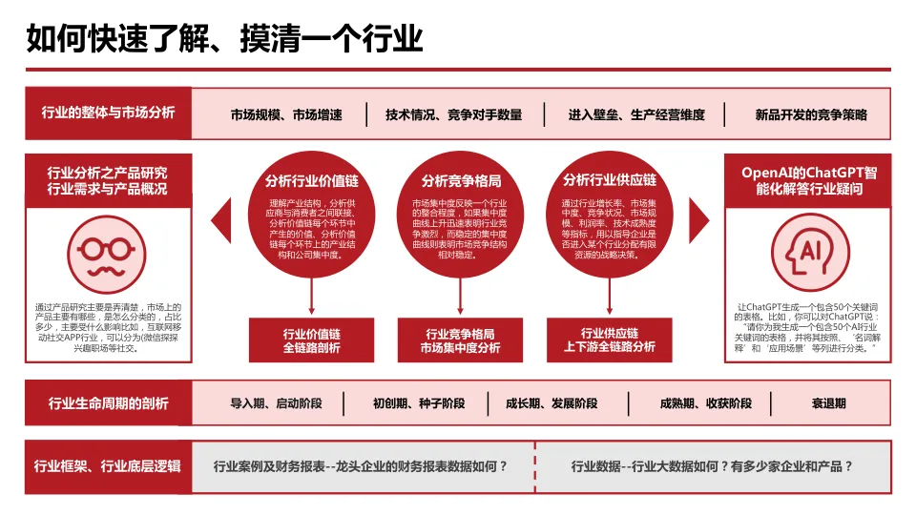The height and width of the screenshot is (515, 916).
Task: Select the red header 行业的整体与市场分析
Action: coord(109,113)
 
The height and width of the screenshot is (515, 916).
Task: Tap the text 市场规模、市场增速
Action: coord(286,115)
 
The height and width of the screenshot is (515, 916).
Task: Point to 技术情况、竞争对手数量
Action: coord(454,115)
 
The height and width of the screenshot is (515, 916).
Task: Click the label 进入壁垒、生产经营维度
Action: coord(636,115)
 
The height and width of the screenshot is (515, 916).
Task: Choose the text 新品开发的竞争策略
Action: coord(811,115)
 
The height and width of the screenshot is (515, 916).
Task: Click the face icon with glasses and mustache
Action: coord(106,252)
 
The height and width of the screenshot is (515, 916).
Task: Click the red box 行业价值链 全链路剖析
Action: coord(311,340)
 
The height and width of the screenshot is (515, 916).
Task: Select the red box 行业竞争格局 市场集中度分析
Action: coord(461,340)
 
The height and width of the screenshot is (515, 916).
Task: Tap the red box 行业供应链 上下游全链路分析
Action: coord(610,340)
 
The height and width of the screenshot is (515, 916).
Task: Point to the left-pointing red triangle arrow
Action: coord(219,220)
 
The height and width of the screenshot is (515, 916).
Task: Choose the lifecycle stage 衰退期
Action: coord(828,403)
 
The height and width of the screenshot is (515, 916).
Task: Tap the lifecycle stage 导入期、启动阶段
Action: coord(276,403)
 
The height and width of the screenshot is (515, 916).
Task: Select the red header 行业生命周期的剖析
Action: coord(109,403)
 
